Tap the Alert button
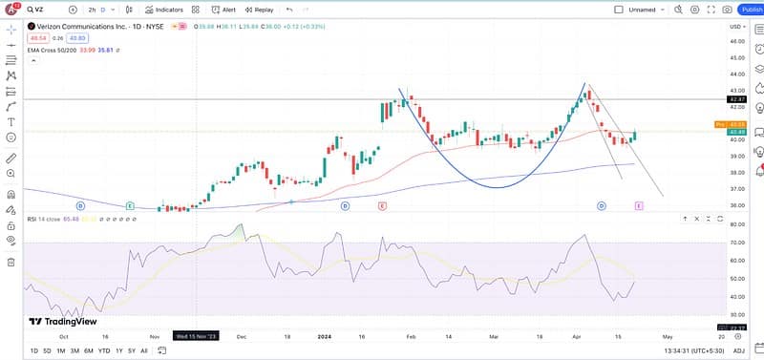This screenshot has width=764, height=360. pyautogui.click(x=225, y=9)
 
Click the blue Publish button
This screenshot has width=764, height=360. pyautogui.click(x=751, y=9)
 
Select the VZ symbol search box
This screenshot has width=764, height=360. pyautogui.click(x=43, y=9)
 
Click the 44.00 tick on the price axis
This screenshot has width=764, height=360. pyautogui.click(x=736, y=57)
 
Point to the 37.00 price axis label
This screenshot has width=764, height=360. pyautogui.click(x=736, y=189)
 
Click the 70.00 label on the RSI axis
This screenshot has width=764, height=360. pyautogui.click(x=736, y=244)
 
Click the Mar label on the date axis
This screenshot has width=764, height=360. pyautogui.click(x=494, y=335)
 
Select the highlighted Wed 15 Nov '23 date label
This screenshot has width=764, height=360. pyautogui.click(x=195, y=335)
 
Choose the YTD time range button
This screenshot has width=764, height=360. pyautogui.click(x=102, y=350)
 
